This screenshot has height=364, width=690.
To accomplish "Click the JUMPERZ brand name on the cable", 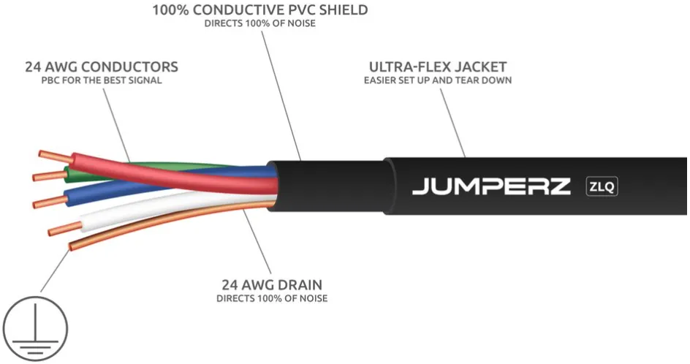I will (x=490, y=186).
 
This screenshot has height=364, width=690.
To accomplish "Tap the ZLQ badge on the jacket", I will (x=602, y=186).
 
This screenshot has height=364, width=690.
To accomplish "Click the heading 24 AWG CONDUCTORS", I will (x=101, y=67).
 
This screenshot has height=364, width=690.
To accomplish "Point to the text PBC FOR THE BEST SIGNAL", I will (x=101, y=80).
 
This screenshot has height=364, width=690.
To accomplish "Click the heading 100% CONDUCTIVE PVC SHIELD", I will (x=259, y=10).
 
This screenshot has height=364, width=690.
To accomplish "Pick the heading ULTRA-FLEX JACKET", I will (x=437, y=67).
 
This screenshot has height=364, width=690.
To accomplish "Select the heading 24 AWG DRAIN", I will (x=271, y=284).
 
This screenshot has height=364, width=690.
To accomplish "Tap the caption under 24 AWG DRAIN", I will (x=271, y=298).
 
